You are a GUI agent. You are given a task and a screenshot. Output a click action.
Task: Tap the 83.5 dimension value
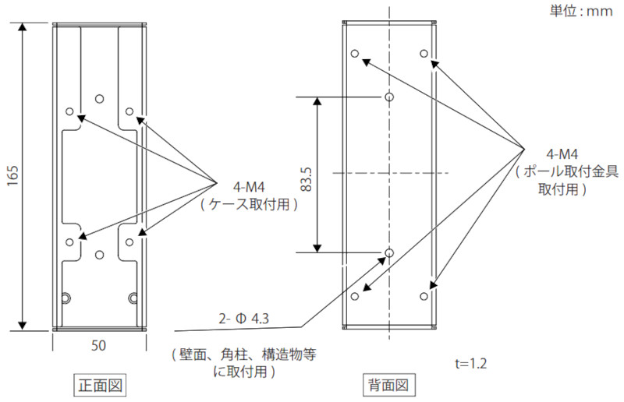click(x=306, y=177)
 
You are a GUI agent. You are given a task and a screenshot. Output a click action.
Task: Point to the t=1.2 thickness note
click(x=470, y=363)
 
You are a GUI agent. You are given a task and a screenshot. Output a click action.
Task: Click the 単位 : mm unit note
click(x=581, y=11)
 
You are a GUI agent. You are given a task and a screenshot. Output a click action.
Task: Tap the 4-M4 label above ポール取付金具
click(x=561, y=154)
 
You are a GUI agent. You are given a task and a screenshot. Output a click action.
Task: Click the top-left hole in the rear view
click(x=355, y=55)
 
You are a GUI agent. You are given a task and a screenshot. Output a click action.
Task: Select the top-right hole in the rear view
click(x=424, y=54)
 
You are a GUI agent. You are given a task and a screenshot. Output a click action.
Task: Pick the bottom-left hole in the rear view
click(x=355, y=297)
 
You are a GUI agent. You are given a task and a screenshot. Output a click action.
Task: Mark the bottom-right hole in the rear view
click(x=424, y=297)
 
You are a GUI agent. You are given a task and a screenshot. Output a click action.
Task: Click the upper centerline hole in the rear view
click(x=389, y=97)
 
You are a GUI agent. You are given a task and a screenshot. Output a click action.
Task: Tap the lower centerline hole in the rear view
click(x=389, y=252)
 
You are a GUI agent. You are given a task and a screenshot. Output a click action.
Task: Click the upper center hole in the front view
click(x=99, y=98)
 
